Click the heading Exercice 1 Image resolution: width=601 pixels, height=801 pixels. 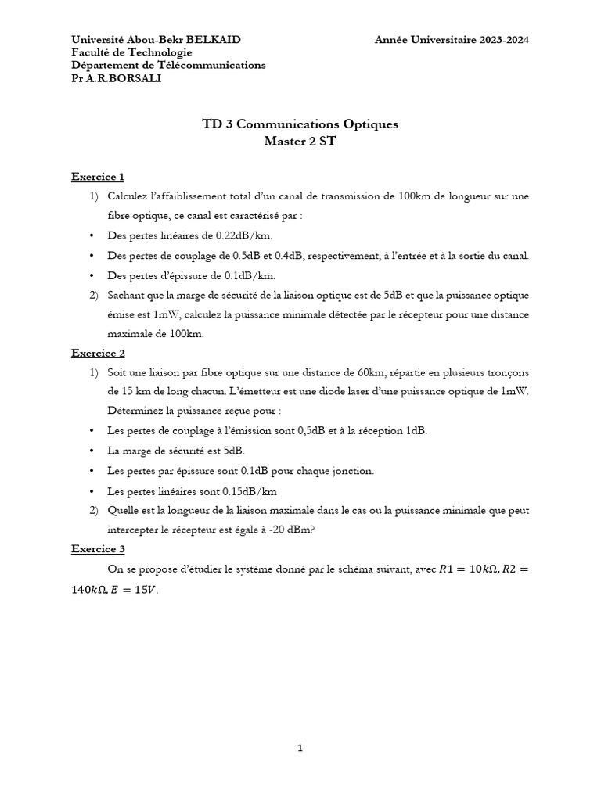98,177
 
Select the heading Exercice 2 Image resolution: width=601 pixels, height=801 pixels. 98,353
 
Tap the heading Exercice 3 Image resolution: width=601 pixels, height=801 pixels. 98,549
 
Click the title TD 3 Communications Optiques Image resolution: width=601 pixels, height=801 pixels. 300,124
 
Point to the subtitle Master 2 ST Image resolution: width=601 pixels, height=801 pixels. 300,142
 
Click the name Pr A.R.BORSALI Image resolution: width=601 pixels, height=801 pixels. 117,78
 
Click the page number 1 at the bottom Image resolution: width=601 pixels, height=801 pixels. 300,749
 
